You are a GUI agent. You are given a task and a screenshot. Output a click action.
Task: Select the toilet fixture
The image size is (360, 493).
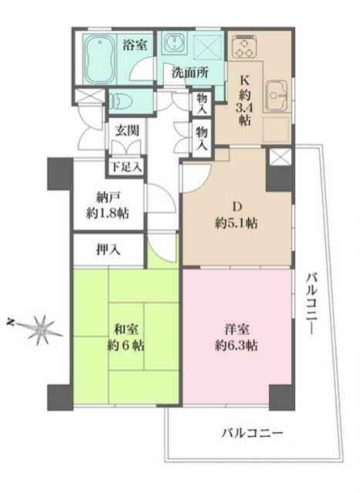(x=123, y=100)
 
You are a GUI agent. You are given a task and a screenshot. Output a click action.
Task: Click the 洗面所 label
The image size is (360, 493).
(x=190, y=75)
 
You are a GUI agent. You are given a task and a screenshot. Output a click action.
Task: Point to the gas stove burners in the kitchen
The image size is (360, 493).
(x=244, y=48)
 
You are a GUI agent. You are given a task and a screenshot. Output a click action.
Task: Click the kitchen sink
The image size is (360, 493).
(x=276, y=98)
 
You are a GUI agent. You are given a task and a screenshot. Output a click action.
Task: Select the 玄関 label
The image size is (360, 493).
(x=127, y=131)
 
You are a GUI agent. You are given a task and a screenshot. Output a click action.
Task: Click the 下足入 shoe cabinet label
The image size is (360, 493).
(x=122, y=166)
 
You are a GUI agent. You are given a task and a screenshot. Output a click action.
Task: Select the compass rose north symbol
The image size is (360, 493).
(x=37, y=328)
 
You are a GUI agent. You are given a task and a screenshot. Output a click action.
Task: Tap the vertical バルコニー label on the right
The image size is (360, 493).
(x=311, y=301)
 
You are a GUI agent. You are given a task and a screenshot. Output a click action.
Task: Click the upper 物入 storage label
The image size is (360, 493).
(x=201, y=102)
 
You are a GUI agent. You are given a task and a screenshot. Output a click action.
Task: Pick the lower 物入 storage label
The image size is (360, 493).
(x=201, y=139)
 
